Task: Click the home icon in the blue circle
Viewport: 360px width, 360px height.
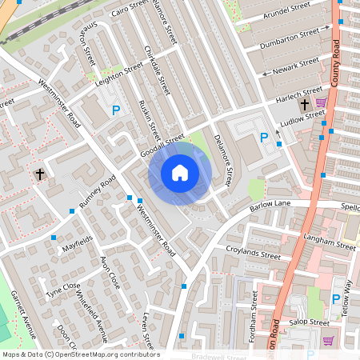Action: point(180,173)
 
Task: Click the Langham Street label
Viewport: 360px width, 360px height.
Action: point(330,242)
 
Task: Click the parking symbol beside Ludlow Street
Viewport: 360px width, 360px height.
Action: point(264,138)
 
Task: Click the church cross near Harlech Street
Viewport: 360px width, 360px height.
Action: point(304,105)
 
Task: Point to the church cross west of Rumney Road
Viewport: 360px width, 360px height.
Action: point(39,174)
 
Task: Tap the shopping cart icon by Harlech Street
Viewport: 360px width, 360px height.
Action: point(321,102)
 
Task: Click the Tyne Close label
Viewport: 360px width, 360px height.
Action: point(62,290)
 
